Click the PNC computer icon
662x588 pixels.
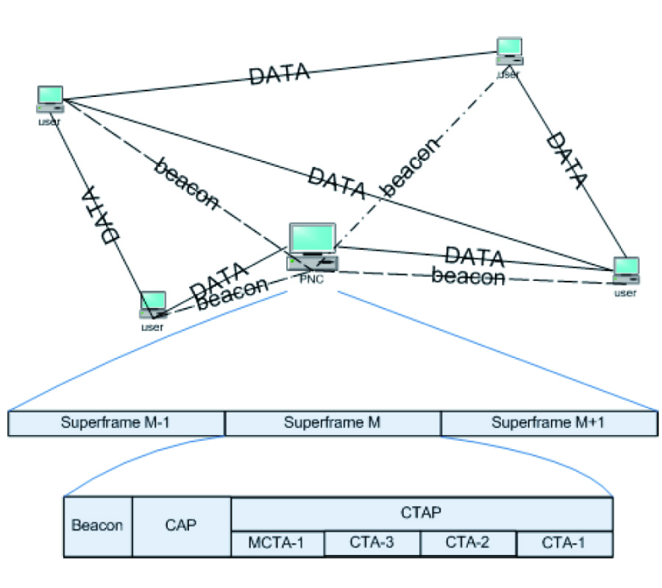click(313, 247)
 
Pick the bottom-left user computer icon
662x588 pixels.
click(153, 304)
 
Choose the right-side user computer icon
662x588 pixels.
click(626, 270)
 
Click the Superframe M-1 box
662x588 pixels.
click(116, 423)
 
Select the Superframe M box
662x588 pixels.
click(332, 423)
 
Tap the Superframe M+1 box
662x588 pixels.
click(549, 423)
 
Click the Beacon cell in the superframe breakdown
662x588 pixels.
click(98, 526)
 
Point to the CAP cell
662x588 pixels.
click(182, 526)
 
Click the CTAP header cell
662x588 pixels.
click(421, 514)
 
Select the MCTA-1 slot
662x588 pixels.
click(277, 543)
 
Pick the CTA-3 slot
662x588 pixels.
click(372, 543)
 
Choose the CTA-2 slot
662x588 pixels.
click(468, 543)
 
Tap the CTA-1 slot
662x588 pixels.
click(564, 543)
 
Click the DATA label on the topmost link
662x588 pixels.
click(279, 75)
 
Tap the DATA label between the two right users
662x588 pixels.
click(567, 159)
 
